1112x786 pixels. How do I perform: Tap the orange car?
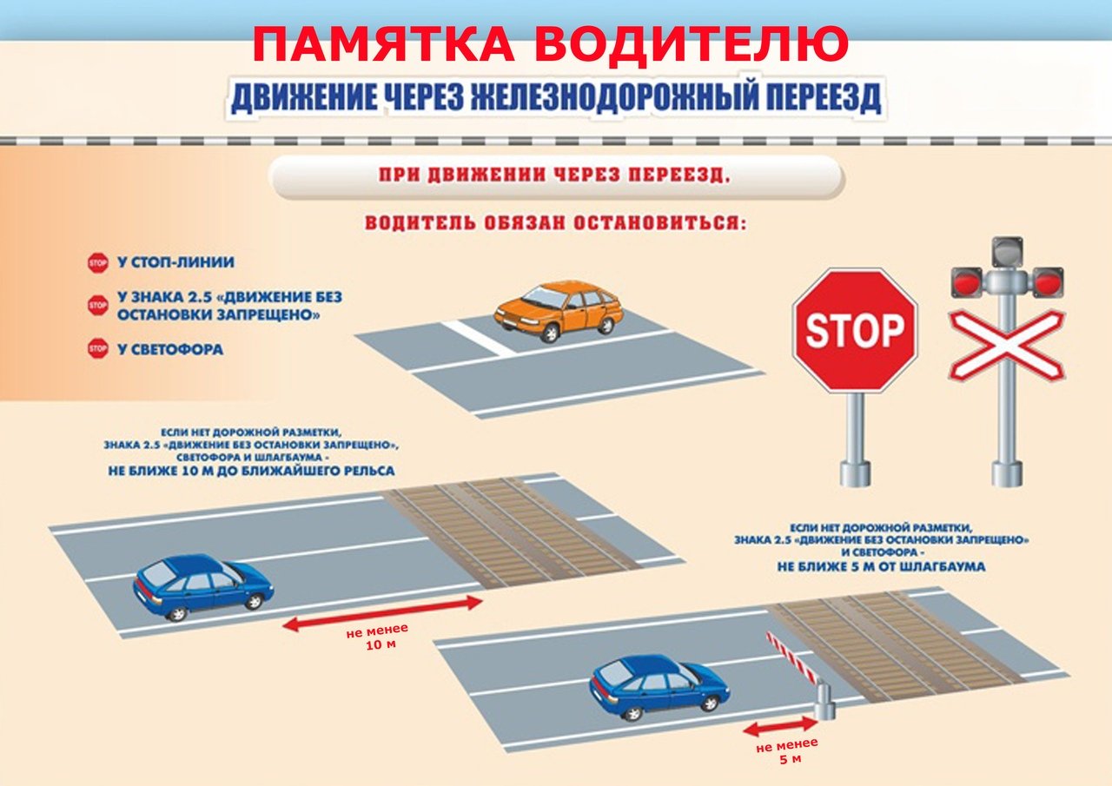click(x=558, y=311)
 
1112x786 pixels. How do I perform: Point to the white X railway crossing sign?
click(x=1007, y=345)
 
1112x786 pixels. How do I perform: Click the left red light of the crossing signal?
click(x=966, y=283)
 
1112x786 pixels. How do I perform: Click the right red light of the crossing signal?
click(x=1049, y=283)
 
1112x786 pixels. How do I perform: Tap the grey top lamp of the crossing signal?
click(x=1007, y=252)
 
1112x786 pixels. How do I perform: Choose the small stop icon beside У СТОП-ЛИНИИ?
click(x=98, y=263)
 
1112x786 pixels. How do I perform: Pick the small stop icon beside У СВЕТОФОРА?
click(x=98, y=349)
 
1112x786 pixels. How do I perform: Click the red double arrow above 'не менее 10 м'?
click(x=382, y=614)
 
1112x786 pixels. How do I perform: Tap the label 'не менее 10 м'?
click(x=378, y=637)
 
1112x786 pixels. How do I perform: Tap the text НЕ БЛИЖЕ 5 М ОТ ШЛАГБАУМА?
click(x=881, y=566)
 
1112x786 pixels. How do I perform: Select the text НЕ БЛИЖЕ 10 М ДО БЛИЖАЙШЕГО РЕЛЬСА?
click(x=252, y=471)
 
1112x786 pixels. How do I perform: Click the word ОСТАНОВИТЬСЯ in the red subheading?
click(x=659, y=223)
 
